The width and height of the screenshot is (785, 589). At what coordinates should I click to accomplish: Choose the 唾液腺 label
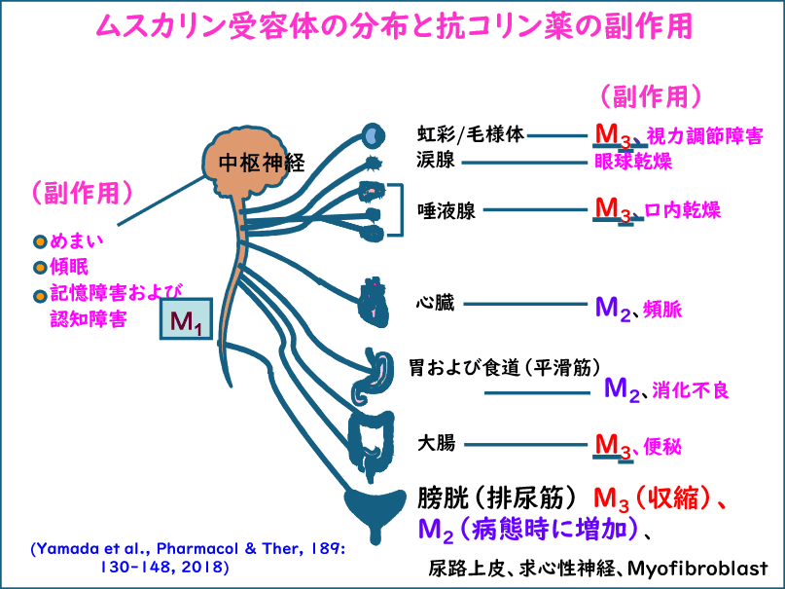[x=446, y=210]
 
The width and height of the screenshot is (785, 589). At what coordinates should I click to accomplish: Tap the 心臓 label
[x=434, y=303]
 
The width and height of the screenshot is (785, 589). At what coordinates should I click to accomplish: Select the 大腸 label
[x=434, y=444]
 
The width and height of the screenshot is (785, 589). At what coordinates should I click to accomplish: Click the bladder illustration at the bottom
[x=374, y=510]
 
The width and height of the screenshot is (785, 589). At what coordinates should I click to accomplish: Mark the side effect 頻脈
[x=662, y=311]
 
